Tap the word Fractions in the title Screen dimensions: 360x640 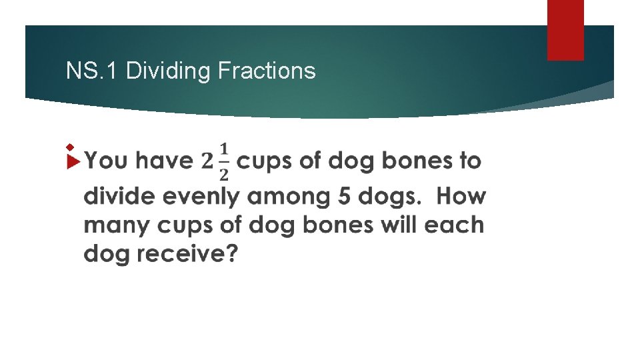(x=267, y=70)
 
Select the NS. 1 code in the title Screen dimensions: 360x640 (x=93, y=70)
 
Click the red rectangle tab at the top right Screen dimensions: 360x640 (x=565, y=30)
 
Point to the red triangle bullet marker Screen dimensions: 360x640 (x=73, y=161)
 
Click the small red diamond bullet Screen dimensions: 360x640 (x=69, y=145)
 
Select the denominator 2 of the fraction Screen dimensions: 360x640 (x=224, y=174)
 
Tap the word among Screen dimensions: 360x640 (x=285, y=197)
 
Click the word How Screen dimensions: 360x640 (x=461, y=197)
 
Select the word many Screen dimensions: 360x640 (x=118, y=225)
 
